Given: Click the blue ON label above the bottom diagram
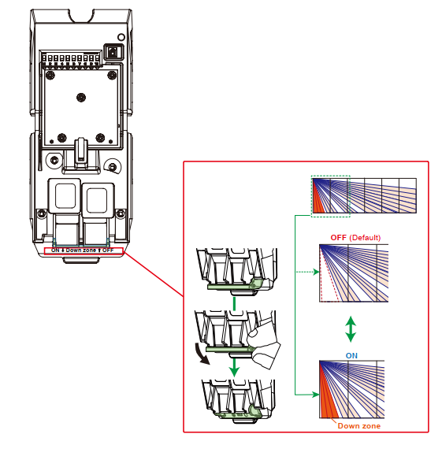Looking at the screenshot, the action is pyautogui.click(x=351, y=355).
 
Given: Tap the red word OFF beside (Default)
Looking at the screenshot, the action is pyautogui.click(x=339, y=237).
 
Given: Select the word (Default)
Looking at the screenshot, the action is pyautogui.click(x=365, y=238).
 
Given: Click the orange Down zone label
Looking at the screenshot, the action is pyautogui.click(x=358, y=425).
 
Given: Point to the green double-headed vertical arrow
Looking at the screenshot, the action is pyautogui.click(x=351, y=329).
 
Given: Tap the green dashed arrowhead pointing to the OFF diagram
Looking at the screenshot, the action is pyautogui.click(x=316, y=272).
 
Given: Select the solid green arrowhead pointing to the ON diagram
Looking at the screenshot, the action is pyautogui.click(x=316, y=395).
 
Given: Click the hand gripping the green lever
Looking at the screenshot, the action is pyautogui.click(x=263, y=346).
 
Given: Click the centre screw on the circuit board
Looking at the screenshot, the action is pyautogui.click(x=81, y=98).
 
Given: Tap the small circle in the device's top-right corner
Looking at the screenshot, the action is pyautogui.click(x=121, y=37).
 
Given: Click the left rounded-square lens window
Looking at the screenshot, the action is pyautogui.click(x=65, y=195).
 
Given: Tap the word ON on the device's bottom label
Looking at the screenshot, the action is pyautogui.click(x=55, y=250).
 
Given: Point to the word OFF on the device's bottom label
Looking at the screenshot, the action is pyautogui.click(x=108, y=250).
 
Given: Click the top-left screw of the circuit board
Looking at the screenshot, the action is pyautogui.click(x=50, y=75).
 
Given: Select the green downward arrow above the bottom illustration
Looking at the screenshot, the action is pyautogui.click(x=234, y=367).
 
